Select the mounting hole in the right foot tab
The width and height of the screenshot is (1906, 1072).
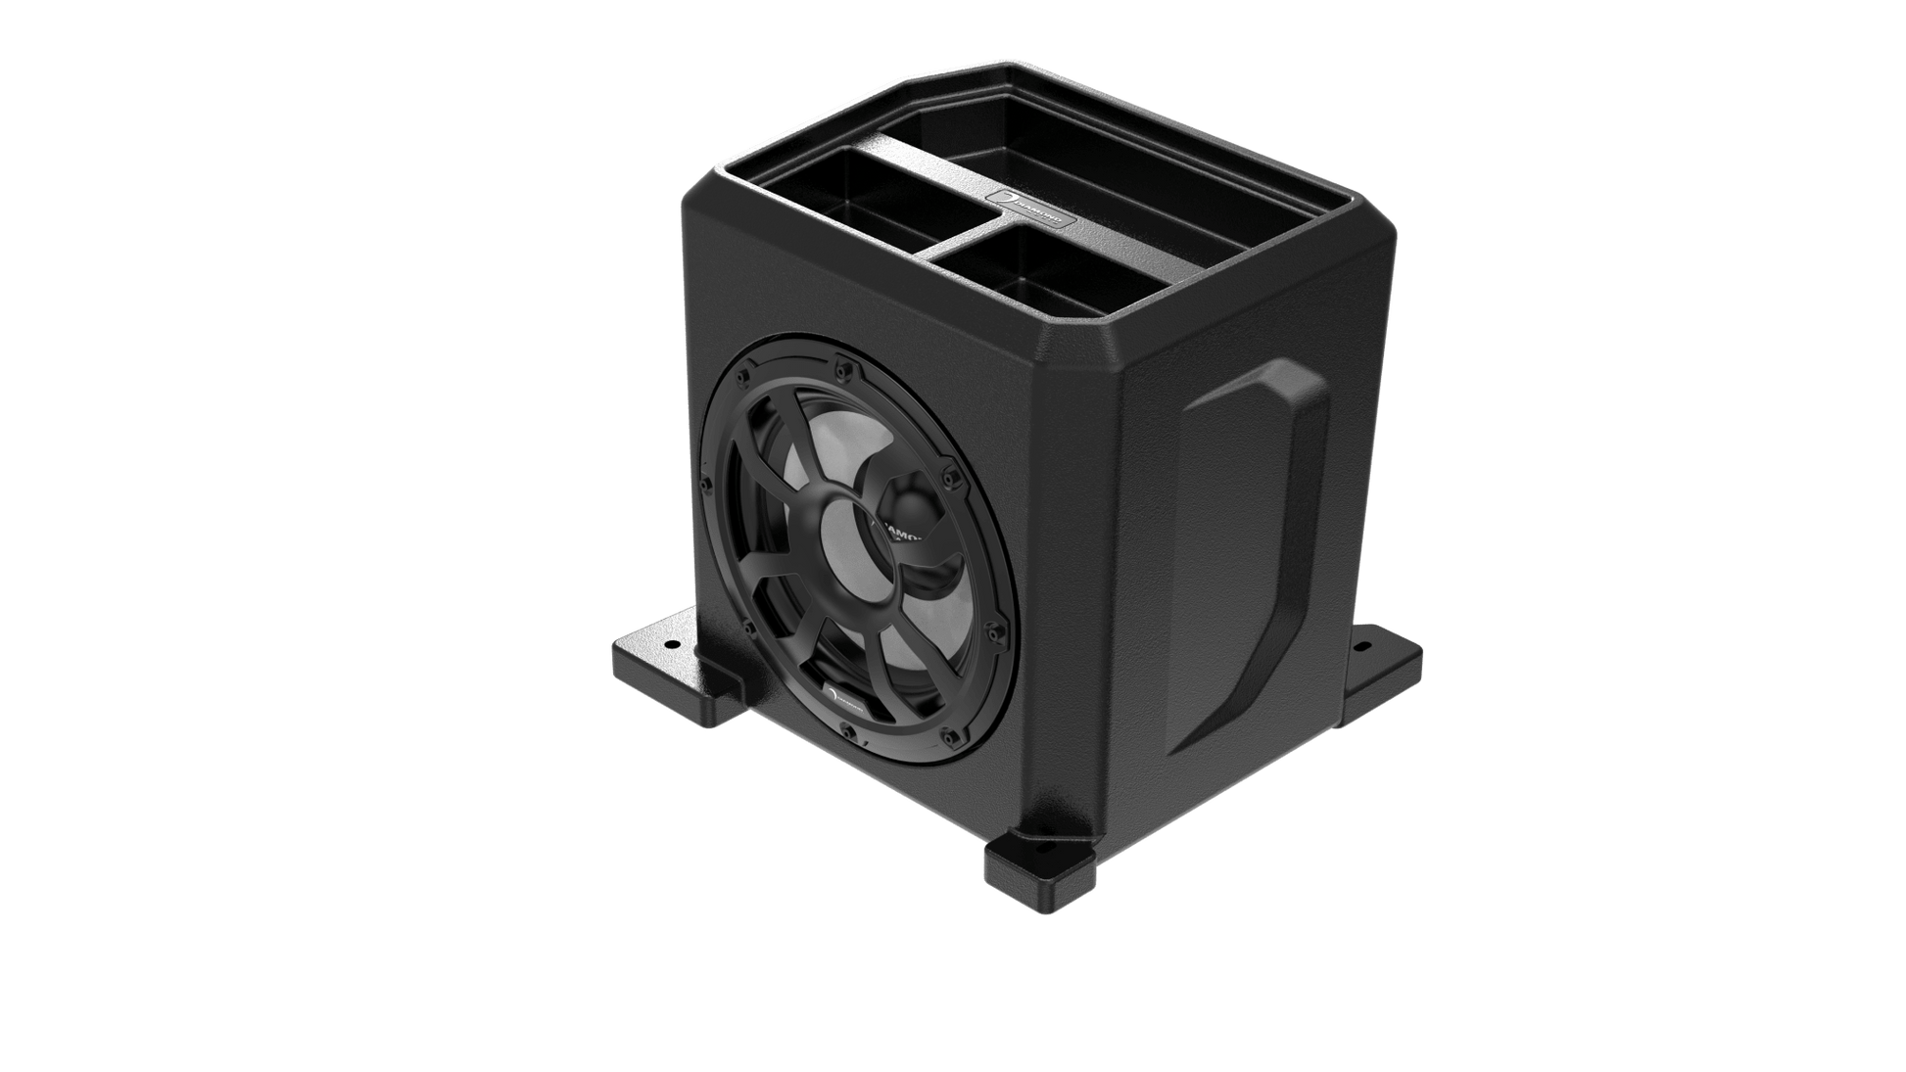pyautogui.click(x=1360, y=647)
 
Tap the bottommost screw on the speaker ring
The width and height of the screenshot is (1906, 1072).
pyautogui.click(x=848, y=731)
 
